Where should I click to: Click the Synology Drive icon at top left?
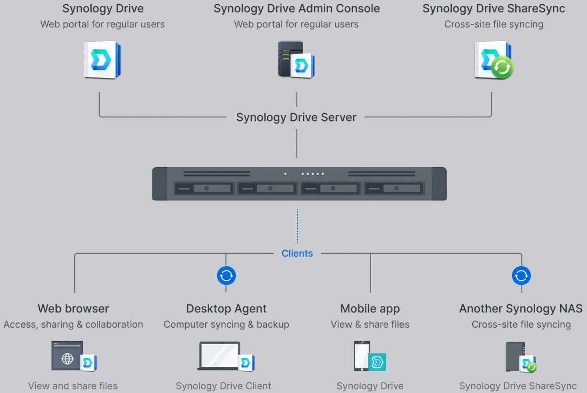[102, 60]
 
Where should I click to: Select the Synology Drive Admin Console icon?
[296, 59]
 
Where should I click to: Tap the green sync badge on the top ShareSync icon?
[502, 67]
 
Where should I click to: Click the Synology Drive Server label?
[296, 117]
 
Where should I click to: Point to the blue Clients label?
[297, 253]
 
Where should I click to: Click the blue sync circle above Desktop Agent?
[226, 276]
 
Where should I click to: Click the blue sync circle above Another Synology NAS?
[521, 276]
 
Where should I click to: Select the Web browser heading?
[73, 309]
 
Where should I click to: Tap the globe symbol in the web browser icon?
[67, 359]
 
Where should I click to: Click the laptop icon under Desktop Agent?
[219, 356]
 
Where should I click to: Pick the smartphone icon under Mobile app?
[362, 356]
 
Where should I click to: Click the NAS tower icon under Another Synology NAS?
[515, 356]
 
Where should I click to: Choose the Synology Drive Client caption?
[223, 386]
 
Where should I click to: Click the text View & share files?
[370, 324]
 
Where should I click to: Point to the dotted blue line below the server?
[297, 226]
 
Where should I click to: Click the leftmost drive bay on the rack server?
[204, 189]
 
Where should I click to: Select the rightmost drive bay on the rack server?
[394, 189]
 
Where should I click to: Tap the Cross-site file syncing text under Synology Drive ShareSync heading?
[493, 24]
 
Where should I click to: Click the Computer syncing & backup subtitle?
[226, 324]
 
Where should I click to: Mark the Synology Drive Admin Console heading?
[296, 8]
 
